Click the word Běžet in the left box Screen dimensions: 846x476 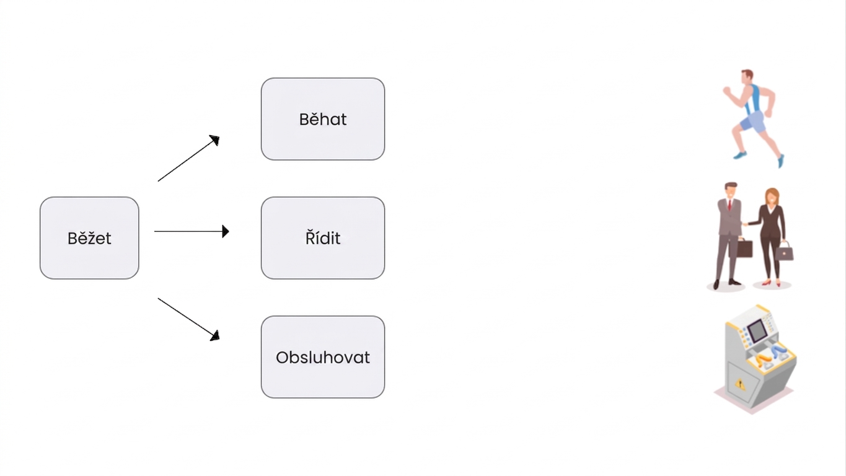coord(89,239)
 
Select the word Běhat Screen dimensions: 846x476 coord(323,120)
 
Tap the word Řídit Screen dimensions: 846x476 coord(323,238)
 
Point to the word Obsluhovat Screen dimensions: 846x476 coord(323,358)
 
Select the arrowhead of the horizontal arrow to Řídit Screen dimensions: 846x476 coord(226,231)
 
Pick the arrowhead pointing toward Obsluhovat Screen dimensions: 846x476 coord(215,335)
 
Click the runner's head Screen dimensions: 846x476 coord(747,77)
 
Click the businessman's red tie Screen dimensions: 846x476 coord(729,205)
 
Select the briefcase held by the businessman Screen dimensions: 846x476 coord(744,248)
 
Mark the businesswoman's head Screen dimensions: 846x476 coord(772,196)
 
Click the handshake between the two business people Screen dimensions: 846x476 coord(745,224)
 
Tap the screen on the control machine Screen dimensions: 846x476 coord(757,330)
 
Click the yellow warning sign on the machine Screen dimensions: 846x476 coord(740,384)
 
